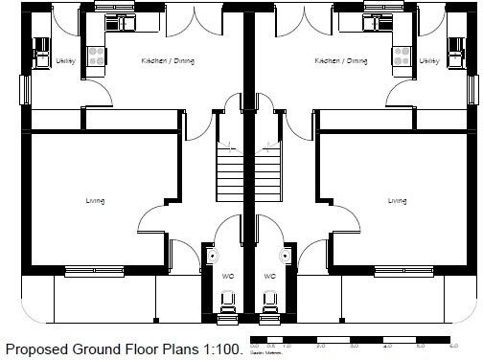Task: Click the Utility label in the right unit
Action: [x=429, y=61]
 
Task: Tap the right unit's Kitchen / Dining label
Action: [x=340, y=61]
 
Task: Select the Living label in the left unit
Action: [x=94, y=201]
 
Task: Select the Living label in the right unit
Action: [x=397, y=201]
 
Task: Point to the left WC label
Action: [x=228, y=276]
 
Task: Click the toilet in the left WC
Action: [x=228, y=304]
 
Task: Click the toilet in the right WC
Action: [x=269, y=304]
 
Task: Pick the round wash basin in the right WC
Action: [x=286, y=257]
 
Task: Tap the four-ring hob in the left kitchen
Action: [x=96, y=58]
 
